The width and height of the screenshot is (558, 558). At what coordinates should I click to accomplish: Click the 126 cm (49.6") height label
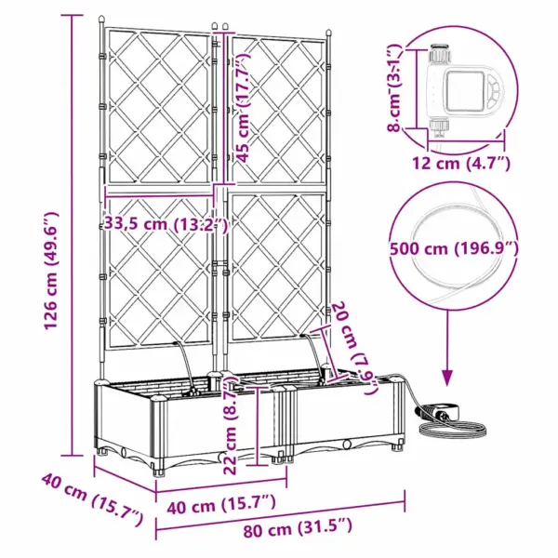tap(49, 243)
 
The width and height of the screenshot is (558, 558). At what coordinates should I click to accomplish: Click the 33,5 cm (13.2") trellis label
tap(166, 223)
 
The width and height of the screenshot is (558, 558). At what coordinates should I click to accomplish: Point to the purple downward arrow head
tap(446, 377)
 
